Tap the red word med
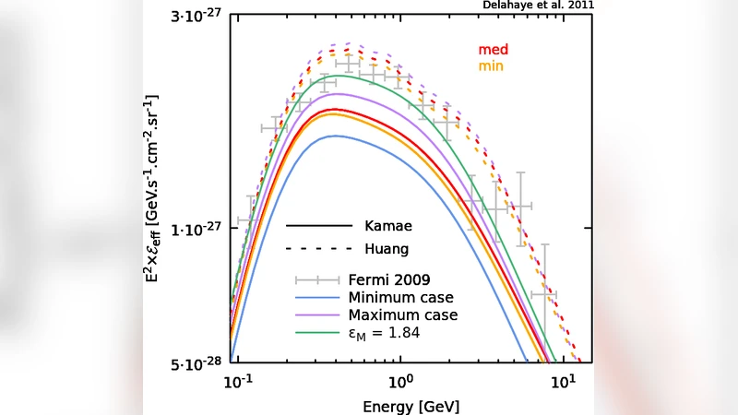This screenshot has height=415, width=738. pos(493,50)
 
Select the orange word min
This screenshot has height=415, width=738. pos(490,67)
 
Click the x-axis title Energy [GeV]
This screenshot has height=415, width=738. pos(399,406)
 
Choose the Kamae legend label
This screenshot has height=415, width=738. pos(388,225)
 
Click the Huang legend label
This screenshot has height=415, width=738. pos(387,249)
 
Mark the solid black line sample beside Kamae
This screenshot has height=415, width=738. pos(319,225)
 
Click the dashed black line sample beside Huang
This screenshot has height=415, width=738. pos(319,249)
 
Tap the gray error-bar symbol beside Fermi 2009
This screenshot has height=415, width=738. pos(319,280)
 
